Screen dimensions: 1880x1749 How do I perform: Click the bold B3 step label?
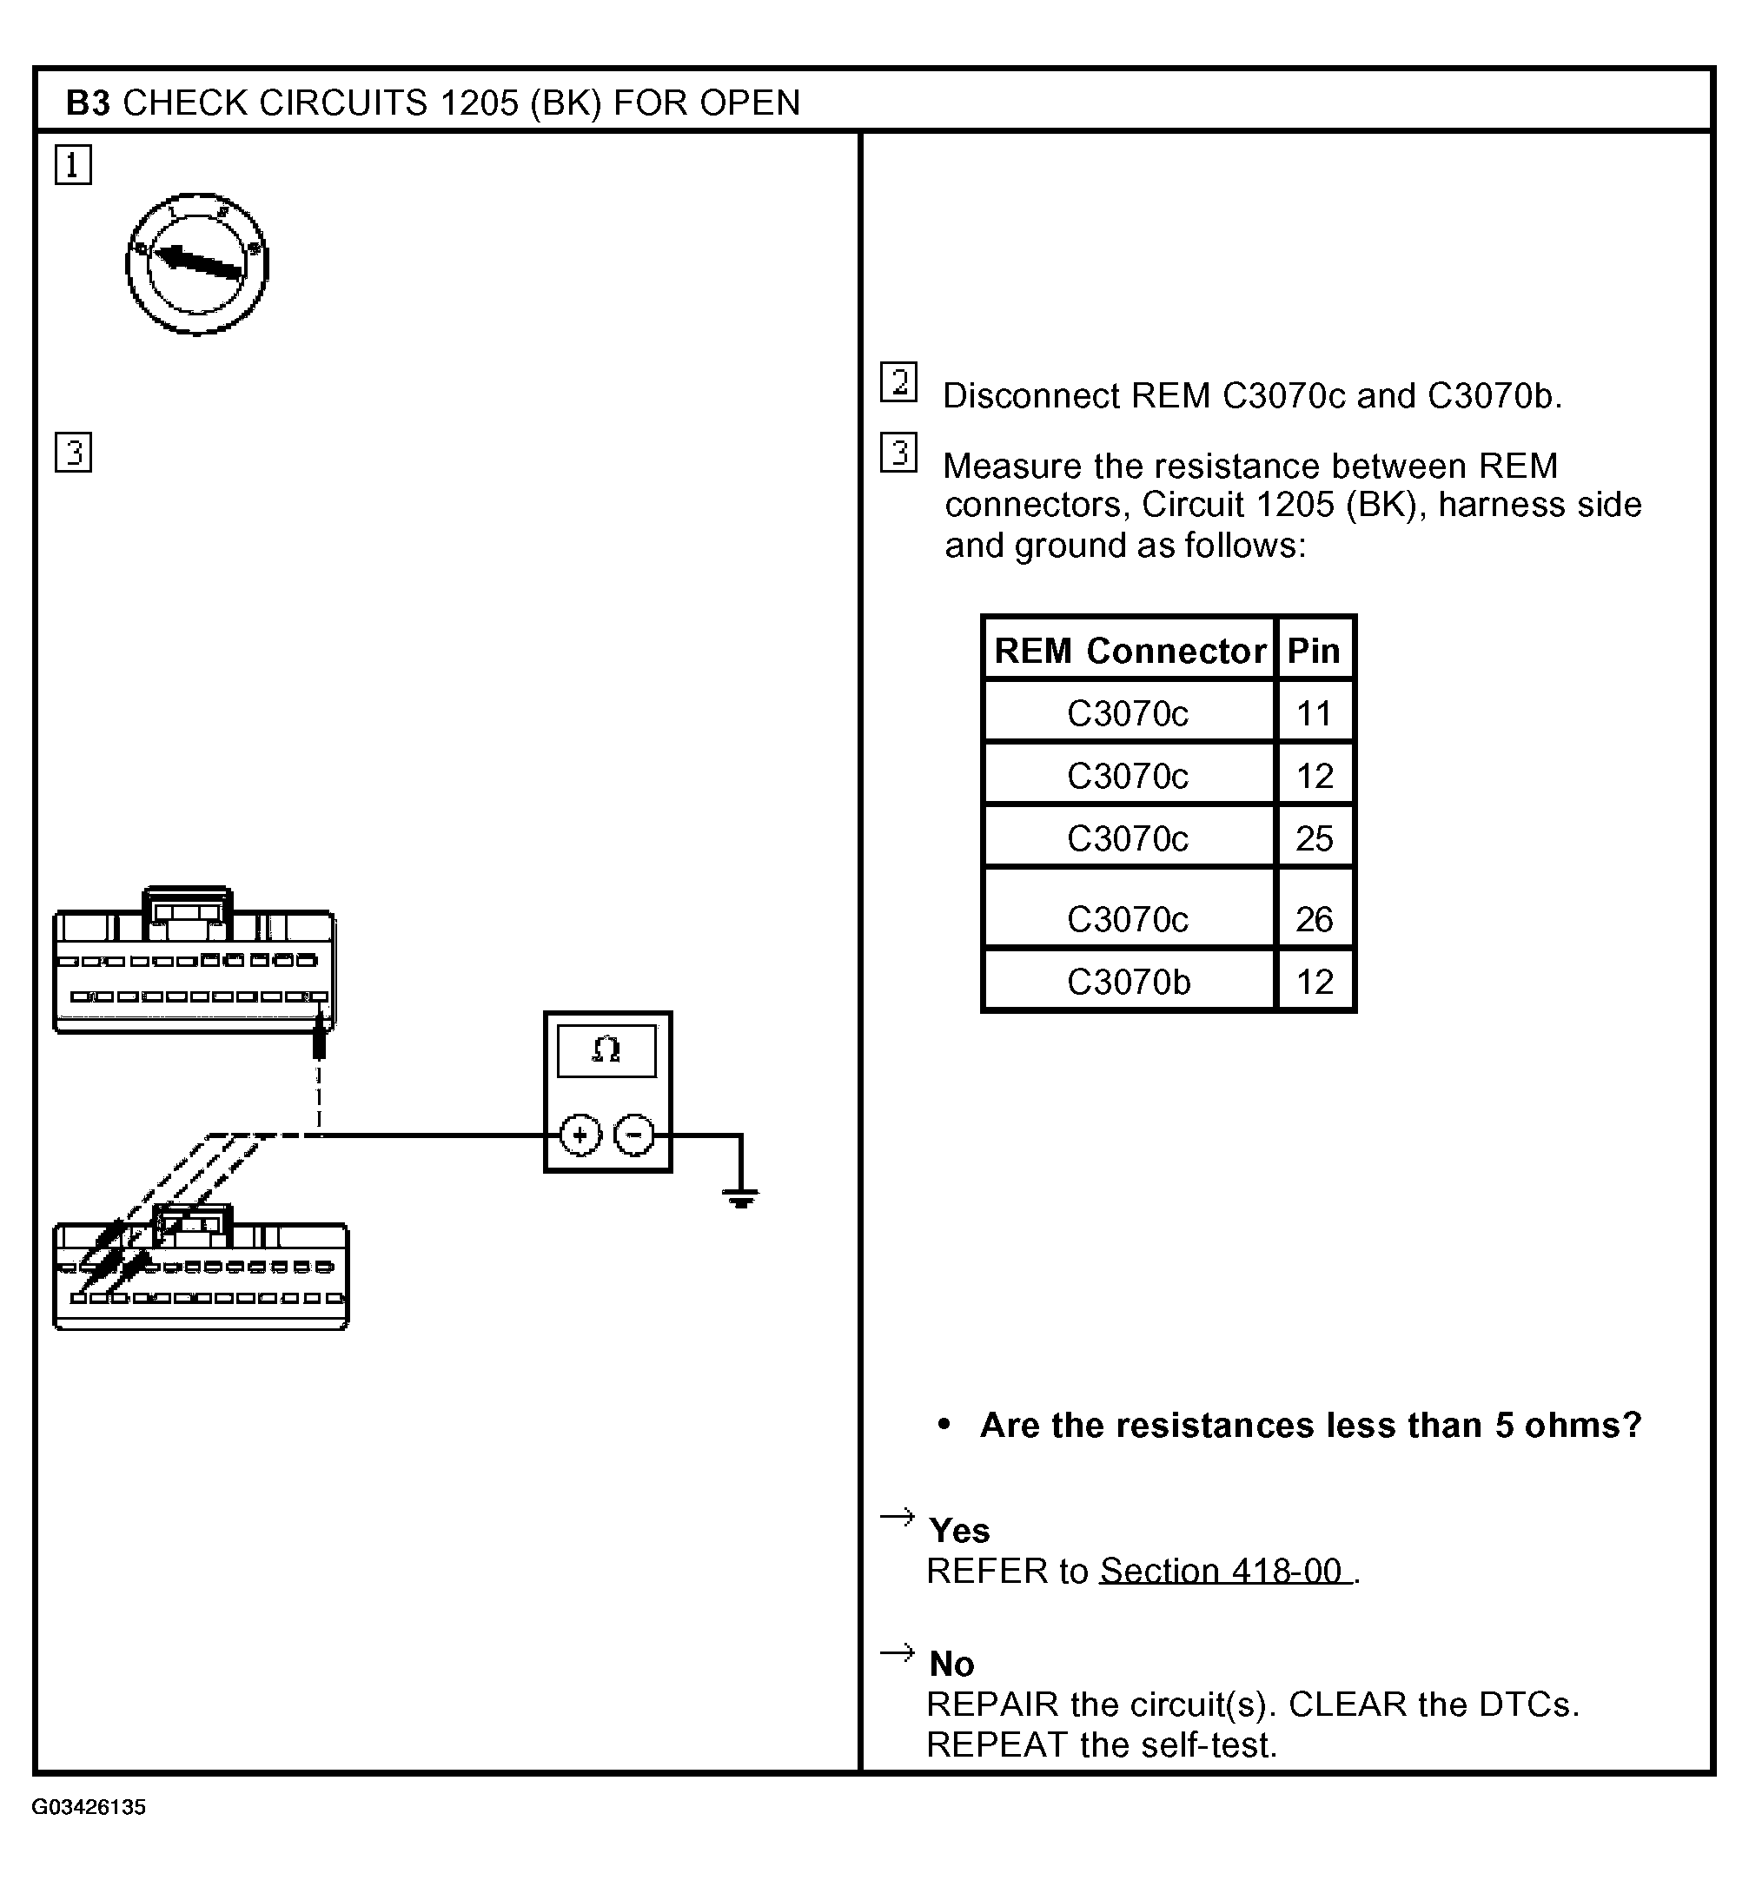point(88,103)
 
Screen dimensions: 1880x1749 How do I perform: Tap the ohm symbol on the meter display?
point(606,1049)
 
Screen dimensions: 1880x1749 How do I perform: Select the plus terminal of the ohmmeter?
point(580,1135)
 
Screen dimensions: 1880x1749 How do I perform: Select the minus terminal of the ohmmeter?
point(633,1135)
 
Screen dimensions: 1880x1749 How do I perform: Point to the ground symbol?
point(740,1199)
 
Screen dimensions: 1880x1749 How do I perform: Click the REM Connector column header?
point(1129,651)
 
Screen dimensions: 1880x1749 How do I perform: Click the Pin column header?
point(1314,651)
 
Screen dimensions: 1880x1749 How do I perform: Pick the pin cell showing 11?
point(1314,713)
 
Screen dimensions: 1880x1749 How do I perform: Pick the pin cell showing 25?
point(1314,837)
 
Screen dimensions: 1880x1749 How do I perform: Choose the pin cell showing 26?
point(1314,918)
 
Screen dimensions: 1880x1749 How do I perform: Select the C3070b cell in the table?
point(1129,982)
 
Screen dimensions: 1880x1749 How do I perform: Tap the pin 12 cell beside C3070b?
point(1314,982)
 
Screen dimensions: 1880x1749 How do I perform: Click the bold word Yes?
point(959,1530)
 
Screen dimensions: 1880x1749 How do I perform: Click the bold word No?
point(951,1664)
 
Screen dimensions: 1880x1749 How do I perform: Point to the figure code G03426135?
point(89,1807)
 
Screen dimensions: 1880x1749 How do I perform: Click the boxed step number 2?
point(898,382)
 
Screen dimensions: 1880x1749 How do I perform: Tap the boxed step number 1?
point(73,164)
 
